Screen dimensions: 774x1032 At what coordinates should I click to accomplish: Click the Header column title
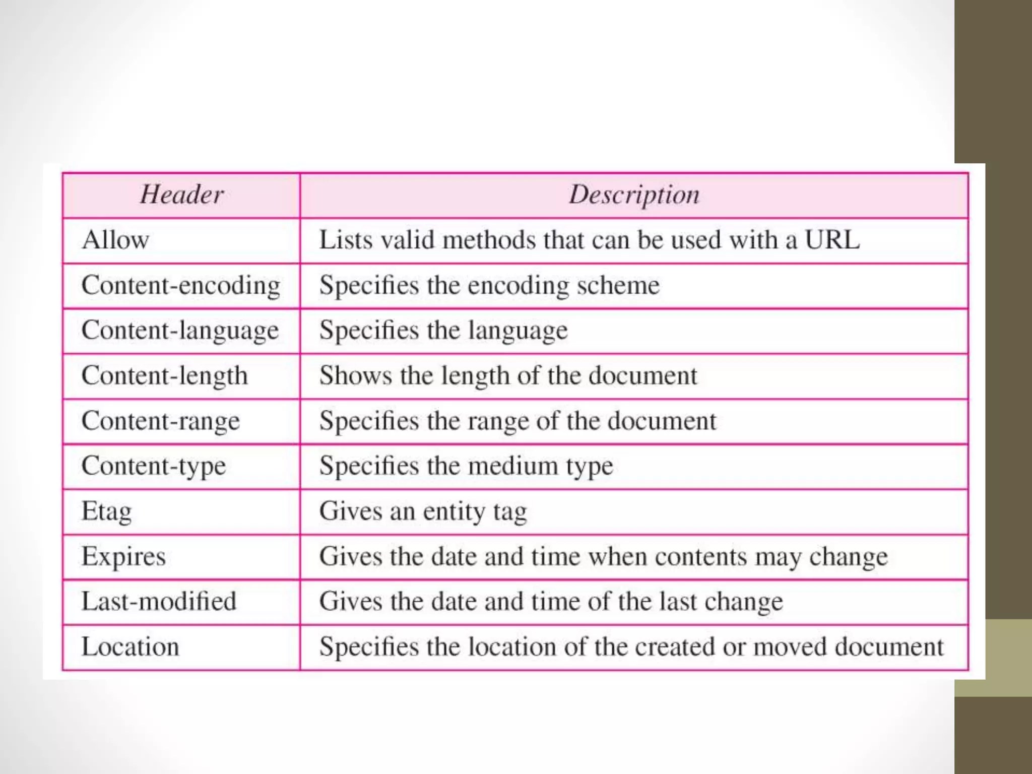(182, 195)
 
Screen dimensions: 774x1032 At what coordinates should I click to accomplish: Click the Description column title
(634, 195)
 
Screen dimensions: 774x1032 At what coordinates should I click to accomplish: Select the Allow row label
(115, 240)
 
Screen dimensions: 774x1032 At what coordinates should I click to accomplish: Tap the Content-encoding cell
(181, 285)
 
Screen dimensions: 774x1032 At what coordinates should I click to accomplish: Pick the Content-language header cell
(180, 331)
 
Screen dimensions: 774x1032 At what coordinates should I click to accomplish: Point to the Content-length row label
(165, 376)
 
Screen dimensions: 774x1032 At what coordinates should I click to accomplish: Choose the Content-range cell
(161, 421)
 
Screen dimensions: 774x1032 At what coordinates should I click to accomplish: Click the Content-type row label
(154, 466)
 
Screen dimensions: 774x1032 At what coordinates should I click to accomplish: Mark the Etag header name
(107, 511)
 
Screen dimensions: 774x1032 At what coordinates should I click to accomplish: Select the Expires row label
(123, 557)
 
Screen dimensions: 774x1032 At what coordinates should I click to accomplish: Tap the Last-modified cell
(159, 602)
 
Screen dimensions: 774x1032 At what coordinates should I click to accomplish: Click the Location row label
(130, 647)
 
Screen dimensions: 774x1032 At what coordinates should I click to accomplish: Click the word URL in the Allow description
(832, 240)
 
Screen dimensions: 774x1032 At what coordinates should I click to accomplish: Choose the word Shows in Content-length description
(356, 376)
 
